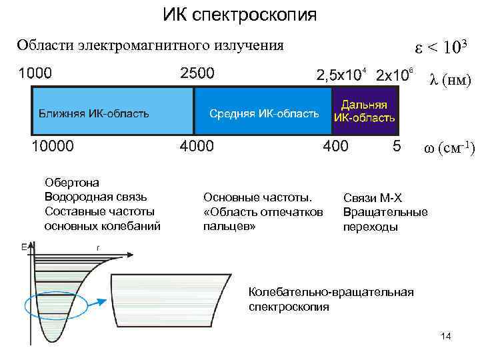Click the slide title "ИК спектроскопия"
click(x=240, y=14)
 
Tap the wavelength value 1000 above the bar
click(x=39, y=72)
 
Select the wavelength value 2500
click(x=197, y=72)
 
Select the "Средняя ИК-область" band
click(x=264, y=112)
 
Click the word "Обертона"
click(x=71, y=181)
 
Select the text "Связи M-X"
click(x=373, y=197)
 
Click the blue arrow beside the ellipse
click(x=95, y=301)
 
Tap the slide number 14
click(x=446, y=337)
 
